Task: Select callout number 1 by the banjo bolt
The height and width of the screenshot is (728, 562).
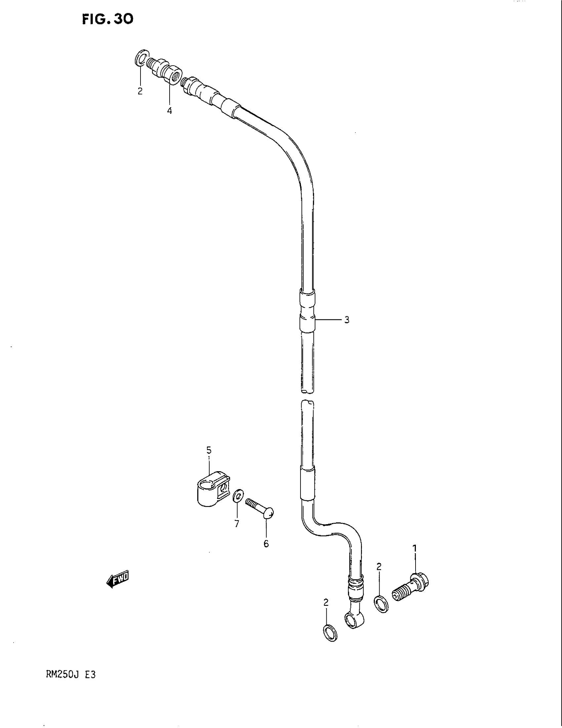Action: [x=415, y=548]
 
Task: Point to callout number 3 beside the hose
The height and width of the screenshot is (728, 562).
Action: [x=346, y=320]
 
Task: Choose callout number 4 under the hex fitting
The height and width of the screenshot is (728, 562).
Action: [x=170, y=111]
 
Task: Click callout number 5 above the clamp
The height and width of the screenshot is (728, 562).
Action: [x=209, y=450]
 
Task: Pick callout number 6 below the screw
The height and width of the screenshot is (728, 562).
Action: [x=266, y=544]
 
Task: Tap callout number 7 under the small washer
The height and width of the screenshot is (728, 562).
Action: [x=237, y=524]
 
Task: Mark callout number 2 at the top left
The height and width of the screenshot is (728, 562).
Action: [x=140, y=91]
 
